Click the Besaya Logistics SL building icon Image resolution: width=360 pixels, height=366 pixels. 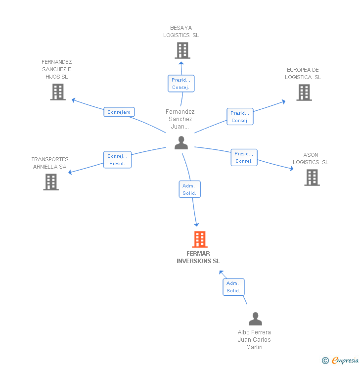182,50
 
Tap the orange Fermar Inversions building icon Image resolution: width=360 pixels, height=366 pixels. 200,239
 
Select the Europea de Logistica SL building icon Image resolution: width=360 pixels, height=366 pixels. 304,92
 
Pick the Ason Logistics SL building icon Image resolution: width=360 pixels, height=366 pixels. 312,177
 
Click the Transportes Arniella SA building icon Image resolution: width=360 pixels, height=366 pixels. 51,182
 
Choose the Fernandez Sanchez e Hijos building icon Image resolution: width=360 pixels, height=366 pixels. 58,91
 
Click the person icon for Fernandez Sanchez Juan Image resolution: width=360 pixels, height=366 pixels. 181,143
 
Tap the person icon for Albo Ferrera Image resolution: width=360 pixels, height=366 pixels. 255,319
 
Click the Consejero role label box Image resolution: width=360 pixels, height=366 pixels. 119,112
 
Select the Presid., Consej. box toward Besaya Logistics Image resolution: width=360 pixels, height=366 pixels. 181,84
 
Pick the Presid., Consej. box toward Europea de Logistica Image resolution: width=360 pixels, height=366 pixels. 240,117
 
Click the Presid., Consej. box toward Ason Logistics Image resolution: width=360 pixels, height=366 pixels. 244,157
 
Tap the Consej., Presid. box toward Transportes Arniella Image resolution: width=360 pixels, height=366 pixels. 117,160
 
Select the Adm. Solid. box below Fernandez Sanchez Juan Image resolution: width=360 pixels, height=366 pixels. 189,189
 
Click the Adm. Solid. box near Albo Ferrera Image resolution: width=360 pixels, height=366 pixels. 233,287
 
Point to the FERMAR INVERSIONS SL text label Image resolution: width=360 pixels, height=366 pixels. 199,257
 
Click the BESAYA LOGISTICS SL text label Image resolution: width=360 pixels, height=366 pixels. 181,32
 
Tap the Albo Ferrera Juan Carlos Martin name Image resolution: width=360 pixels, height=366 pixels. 254,339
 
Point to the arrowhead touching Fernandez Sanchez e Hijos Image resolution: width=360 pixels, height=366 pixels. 74,100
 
